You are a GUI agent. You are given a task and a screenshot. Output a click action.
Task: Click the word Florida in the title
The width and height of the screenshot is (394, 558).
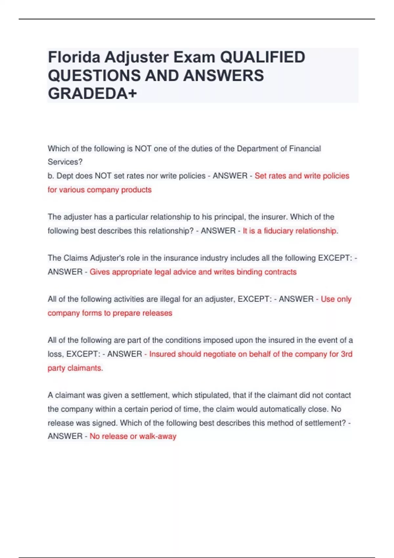click(x=74, y=57)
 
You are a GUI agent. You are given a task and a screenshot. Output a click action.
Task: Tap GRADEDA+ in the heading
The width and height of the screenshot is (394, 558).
click(x=92, y=94)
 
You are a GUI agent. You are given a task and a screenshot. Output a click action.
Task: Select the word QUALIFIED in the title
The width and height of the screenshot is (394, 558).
click(x=262, y=57)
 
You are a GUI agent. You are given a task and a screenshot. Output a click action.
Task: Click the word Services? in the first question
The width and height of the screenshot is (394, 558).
click(x=65, y=162)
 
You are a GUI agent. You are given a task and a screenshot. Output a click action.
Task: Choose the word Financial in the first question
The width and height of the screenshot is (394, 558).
click(x=305, y=149)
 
